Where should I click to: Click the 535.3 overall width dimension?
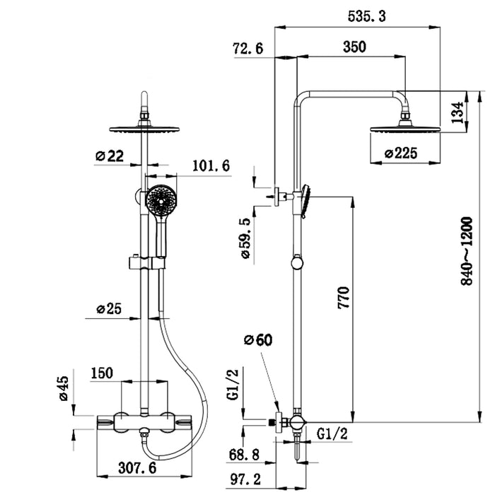[x=367, y=16]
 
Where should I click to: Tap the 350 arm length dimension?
[x=354, y=47]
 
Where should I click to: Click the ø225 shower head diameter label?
[x=401, y=152]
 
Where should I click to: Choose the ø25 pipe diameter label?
[x=110, y=308]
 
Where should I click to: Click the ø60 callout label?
[x=258, y=340]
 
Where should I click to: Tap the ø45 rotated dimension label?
[x=63, y=388]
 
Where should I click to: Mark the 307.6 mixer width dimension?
[x=137, y=467]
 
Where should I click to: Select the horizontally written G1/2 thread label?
[x=331, y=433]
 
